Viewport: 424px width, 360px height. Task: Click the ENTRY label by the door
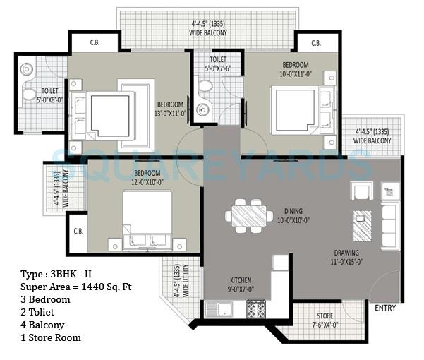click(x=386, y=308)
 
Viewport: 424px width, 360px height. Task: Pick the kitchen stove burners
click(x=255, y=308)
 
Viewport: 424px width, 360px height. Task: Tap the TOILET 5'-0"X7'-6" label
click(x=218, y=64)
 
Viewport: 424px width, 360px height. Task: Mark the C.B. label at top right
click(x=315, y=43)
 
